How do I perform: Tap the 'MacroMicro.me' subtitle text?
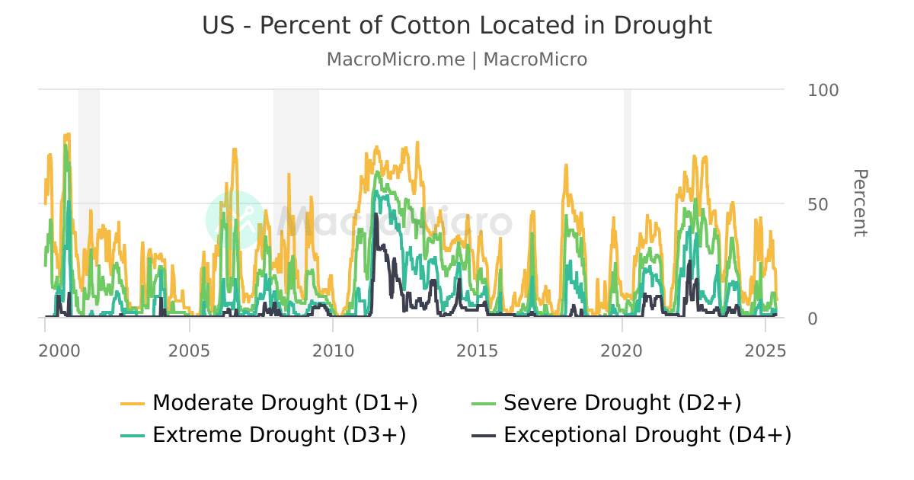point(395,59)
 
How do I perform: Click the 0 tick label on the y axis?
point(813,318)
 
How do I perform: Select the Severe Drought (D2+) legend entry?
point(622,402)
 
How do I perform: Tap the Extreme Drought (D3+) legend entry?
point(279,435)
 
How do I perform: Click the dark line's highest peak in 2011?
point(376,215)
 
